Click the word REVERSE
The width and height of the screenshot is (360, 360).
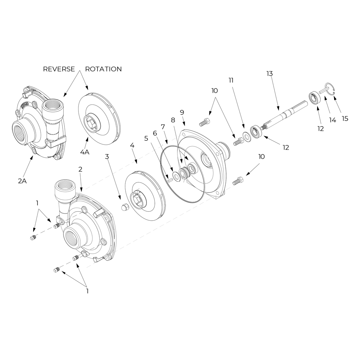[59, 69]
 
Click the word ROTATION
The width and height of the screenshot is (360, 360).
[103, 69]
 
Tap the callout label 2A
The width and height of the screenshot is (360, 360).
[22, 181]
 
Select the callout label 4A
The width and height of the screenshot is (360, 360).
[85, 152]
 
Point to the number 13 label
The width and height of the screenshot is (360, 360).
[270, 73]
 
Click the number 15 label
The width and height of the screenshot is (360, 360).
[345, 118]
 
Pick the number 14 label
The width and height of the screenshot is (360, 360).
[333, 120]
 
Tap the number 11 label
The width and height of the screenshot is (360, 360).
[231, 80]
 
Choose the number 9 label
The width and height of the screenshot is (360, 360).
[182, 112]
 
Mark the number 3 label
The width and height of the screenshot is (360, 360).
[107, 156]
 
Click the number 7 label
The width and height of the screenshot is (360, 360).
[163, 127]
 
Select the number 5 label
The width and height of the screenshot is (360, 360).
[146, 138]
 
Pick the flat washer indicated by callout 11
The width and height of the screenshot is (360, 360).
[247, 136]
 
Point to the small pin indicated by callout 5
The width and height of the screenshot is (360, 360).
[168, 180]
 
